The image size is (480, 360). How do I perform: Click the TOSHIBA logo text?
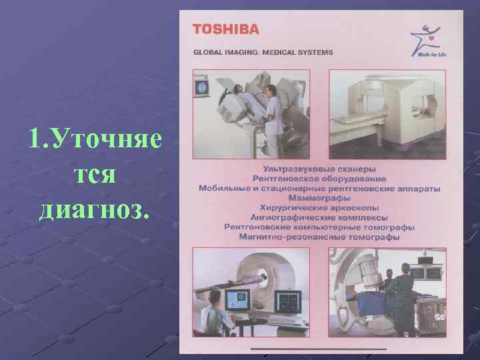point(225,29)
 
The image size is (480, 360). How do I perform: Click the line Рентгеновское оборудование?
point(319,179)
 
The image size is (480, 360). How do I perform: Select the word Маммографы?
point(319,198)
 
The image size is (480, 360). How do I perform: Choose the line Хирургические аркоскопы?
point(319,208)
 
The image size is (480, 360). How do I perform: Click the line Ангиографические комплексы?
point(319,217)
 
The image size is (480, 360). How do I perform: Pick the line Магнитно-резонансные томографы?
point(319,237)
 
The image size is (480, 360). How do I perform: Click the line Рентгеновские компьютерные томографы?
point(319,227)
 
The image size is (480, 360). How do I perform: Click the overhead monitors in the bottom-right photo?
point(426,273)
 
